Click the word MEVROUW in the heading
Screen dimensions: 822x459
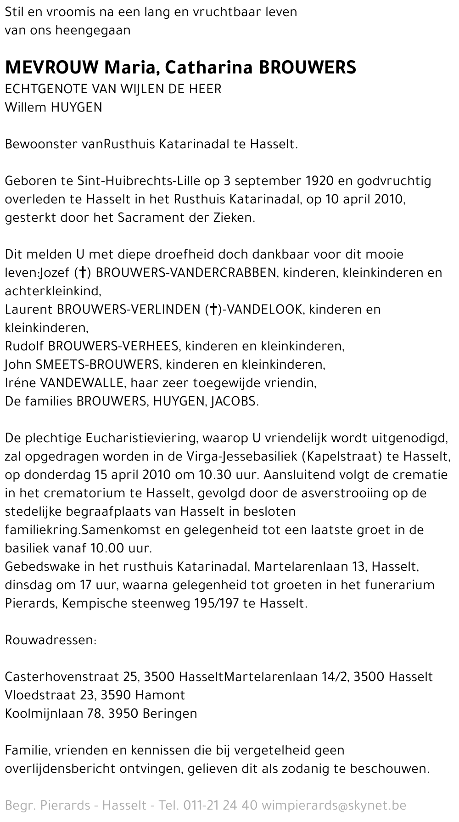click(51, 68)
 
